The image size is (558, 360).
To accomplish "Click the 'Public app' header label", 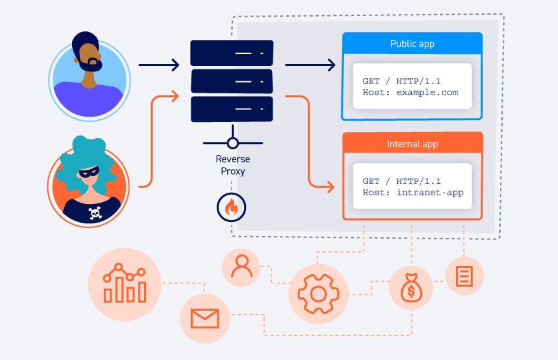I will [x=412, y=44].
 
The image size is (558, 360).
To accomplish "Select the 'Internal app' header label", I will [x=412, y=144].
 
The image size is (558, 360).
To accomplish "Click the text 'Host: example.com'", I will [x=410, y=92].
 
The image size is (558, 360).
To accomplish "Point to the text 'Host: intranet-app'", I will [x=412, y=193].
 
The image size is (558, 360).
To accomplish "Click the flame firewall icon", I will [x=231, y=207].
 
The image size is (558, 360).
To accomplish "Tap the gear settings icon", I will [x=318, y=293].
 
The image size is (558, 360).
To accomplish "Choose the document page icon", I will [x=464, y=275].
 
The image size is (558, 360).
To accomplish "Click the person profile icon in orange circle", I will [x=241, y=266].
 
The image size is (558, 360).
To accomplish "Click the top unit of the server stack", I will [x=231, y=53].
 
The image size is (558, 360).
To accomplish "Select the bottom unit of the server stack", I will [x=231, y=109].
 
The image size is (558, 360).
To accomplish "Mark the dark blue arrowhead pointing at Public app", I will [x=330, y=65].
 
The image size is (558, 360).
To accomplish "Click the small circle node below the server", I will [x=232, y=143].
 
